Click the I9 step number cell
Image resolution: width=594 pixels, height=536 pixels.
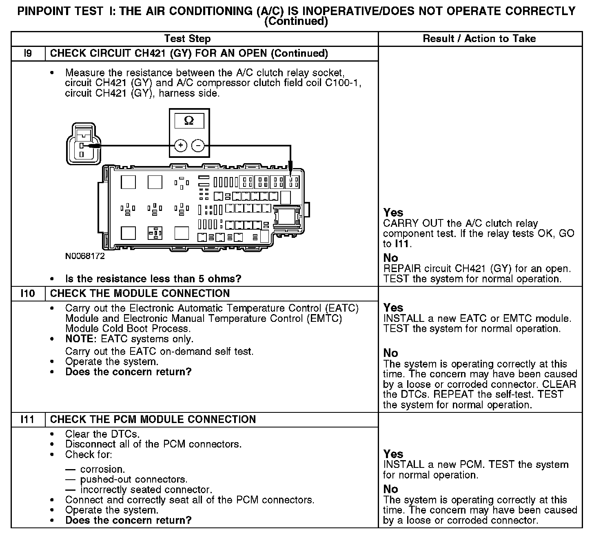click(x=28, y=53)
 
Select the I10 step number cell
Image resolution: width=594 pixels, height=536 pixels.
click(x=28, y=293)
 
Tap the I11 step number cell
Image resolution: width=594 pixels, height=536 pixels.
click(x=28, y=419)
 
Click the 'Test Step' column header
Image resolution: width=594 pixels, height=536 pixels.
click(x=187, y=39)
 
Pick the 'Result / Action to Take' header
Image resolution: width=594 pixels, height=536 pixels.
click(x=479, y=39)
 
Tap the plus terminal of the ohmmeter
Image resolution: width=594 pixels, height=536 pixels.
click(x=181, y=146)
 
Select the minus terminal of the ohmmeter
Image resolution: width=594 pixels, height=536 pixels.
click(x=198, y=146)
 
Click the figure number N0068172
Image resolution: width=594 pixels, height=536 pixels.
click(x=85, y=256)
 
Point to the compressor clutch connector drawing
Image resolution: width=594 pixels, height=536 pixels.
click(x=83, y=145)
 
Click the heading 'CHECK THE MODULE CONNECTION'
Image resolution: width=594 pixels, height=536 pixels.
click(x=140, y=293)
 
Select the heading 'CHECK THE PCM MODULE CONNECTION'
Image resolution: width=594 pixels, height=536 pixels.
click(x=153, y=419)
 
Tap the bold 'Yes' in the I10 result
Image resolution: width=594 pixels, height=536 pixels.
click(x=393, y=308)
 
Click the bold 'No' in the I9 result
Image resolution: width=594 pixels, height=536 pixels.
click(x=390, y=258)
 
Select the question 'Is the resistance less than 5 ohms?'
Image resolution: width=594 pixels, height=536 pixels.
click(x=153, y=279)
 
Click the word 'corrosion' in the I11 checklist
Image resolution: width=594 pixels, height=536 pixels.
click(x=102, y=469)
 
